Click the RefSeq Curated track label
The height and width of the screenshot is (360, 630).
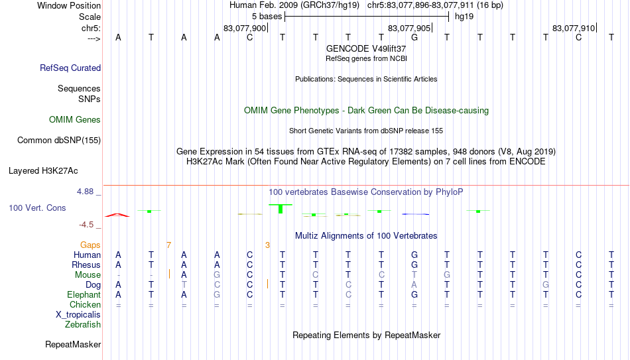tap(70, 68)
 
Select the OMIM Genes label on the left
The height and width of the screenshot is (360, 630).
tap(75, 120)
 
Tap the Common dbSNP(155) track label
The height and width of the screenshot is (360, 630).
tap(59, 140)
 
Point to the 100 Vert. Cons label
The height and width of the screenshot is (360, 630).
tap(37, 208)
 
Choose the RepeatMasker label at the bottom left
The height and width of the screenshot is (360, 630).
tap(73, 345)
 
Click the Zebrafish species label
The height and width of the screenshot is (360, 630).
tap(83, 325)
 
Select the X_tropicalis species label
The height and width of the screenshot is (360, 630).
tap(78, 315)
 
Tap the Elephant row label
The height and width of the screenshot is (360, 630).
tap(84, 294)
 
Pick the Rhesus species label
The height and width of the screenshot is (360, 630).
tap(86, 265)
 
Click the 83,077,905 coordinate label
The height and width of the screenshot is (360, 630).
tap(409, 29)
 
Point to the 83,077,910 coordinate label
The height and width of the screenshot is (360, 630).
tap(574, 29)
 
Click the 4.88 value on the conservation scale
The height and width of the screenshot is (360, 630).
tap(86, 192)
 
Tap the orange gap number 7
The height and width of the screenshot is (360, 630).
tap(168, 245)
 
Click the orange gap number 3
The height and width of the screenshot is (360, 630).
tap(267, 245)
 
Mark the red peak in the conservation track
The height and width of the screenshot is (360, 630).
tap(118, 214)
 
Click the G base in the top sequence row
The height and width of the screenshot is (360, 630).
tap(414, 38)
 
